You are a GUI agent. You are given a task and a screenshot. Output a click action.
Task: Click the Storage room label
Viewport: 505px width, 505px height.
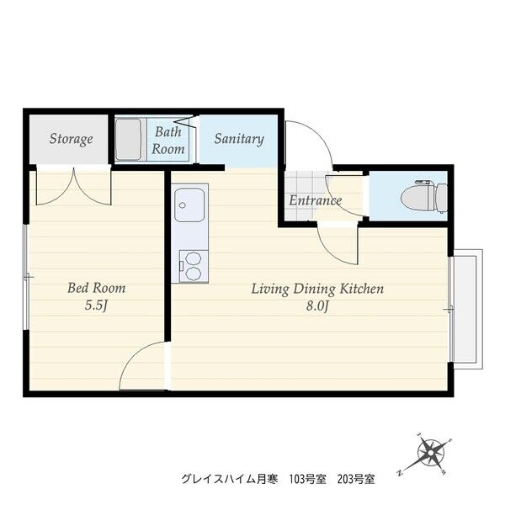point(72,139)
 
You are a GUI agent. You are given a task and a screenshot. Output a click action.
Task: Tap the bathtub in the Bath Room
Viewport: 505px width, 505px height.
point(128,139)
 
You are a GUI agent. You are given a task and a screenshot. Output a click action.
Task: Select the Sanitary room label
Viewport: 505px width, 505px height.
point(239,139)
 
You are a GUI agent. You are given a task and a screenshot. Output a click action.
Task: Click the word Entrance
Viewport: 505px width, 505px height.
point(315,200)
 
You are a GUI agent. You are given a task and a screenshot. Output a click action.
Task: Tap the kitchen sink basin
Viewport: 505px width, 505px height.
point(189,205)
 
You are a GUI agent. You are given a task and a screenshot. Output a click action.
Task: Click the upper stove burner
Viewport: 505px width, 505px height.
point(194,258)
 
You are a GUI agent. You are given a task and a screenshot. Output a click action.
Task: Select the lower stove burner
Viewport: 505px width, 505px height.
point(194,274)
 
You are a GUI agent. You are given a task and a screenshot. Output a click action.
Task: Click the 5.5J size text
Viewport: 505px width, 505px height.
point(96,306)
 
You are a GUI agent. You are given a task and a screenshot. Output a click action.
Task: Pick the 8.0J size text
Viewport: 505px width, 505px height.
point(317,306)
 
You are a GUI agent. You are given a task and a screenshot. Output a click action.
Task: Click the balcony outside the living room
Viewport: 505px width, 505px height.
point(468,309)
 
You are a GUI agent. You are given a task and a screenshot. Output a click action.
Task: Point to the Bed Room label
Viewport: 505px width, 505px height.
point(96,288)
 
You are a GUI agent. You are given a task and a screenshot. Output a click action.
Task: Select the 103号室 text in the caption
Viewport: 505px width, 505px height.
point(308,480)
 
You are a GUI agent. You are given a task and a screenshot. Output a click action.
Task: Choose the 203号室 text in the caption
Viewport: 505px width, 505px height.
point(356,480)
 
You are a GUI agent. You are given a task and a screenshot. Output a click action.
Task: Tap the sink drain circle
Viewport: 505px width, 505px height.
point(183,205)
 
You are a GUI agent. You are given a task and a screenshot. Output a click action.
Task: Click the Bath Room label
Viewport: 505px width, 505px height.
point(168,141)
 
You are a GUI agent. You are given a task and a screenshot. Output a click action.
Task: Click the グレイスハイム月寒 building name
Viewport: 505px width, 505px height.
point(229,480)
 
